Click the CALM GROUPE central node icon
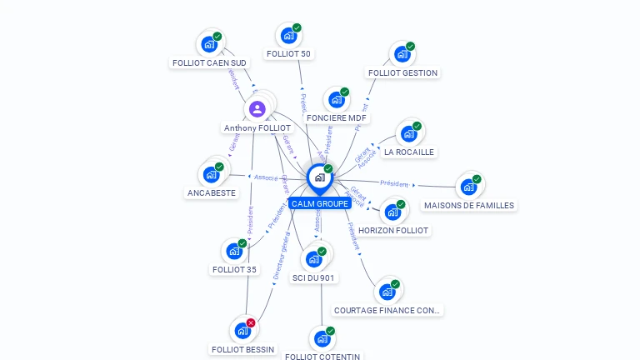pyautogui.click(x=319, y=177)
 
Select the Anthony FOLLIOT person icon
pyautogui.click(x=257, y=108)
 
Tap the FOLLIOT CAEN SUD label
pyautogui.click(x=209, y=62)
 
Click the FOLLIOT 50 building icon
pyautogui.click(x=288, y=36)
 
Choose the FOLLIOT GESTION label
pyautogui.click(x=402, y=72)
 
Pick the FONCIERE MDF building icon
pyautogui.click(x=336, y=100)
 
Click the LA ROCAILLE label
pyautogui.click(x=408, y=152)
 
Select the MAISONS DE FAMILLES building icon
pyautogui.click(x=468, y=187)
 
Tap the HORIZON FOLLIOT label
pyautogui.click(x=393, y=230)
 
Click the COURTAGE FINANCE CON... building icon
pyautogui.click(x=387, y=292)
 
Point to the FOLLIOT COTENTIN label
pyautogui.click(x=322, y=357)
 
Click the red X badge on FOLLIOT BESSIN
pyautogui.click(x=251, y=322)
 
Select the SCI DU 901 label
pyautogui.click(x=314, y=277)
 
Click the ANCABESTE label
pyautogui.click(x=212, y=192)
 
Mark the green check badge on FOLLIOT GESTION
pyautogui.click(x=410, y=47)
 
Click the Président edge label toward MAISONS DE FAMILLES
pyautogui.click(x=394, y=183)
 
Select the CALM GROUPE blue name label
pyautogui.click(x=320, y=203)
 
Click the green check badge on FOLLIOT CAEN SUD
pyautogui.click(x=217, y=37)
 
